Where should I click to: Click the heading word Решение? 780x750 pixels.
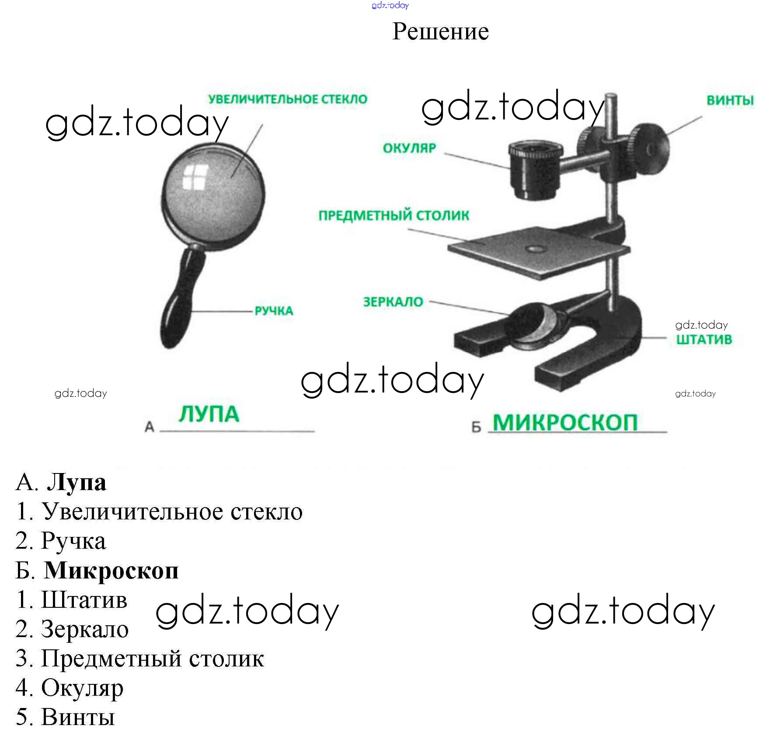(x=440, y=32)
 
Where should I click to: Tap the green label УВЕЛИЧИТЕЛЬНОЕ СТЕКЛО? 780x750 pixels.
(x=288, y=99)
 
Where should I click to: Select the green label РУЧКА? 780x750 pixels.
(x=274, y=311)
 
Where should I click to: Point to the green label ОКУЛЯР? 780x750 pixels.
(x=409, y=148)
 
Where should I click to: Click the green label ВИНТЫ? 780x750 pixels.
(x=730, y=100)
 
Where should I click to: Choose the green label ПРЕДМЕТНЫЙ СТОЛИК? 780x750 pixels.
(x=393, y=215)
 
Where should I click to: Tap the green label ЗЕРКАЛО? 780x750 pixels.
(x=393, y=302)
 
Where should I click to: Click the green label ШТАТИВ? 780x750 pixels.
(x=703, y=340)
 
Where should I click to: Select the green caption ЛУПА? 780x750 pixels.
(x=209, y=414)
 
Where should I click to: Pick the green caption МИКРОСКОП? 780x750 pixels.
(x=565, y=423)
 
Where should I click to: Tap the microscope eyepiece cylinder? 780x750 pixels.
(x=534, y=171)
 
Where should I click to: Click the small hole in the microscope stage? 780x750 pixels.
(x=535, y=249)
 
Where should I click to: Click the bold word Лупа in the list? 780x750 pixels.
(x=77, y=482)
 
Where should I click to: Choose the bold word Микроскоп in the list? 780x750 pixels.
(x=111, y=571)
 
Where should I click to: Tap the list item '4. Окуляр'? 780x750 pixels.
(x=70, y=688)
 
